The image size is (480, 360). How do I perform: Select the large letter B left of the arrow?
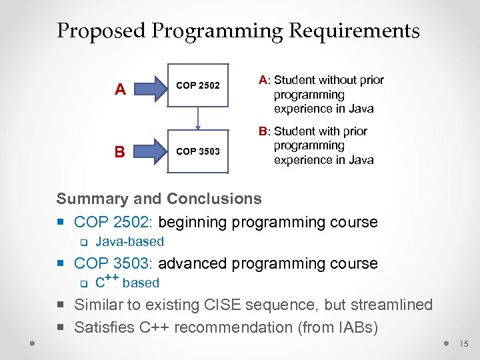tap(119, 151)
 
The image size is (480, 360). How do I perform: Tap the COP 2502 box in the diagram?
tap(197, 86)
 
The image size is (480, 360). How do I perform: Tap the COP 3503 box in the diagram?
tap(197, 151)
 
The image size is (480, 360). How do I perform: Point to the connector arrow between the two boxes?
tap(198, 118)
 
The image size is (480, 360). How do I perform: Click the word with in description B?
tap(337, 131)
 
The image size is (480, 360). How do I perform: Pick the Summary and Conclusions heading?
tap(159, 199)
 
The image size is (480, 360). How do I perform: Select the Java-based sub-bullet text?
tap(129, 241)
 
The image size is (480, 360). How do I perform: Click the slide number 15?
tap(464, 344)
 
